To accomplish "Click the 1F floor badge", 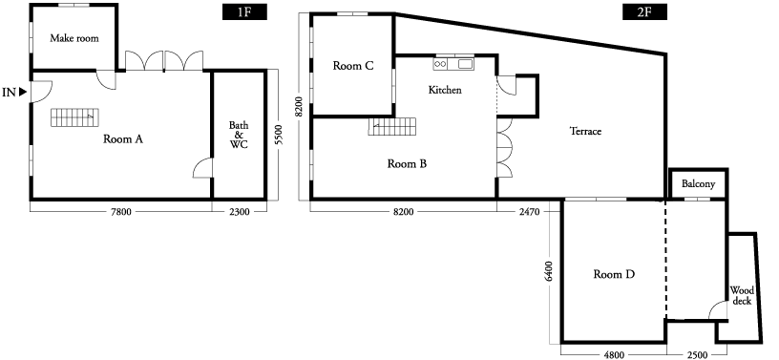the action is click(244, 11).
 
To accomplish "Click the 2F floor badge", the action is click(644, 11).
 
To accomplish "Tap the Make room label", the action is click(74, 38).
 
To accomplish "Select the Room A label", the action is click(123, 139).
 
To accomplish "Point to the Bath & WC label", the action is click(239, 136).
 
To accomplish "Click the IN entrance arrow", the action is click(23, 92).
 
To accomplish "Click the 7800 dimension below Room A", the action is click(120, 212).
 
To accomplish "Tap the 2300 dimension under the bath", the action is click(239, 212).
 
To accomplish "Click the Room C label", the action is click(353, 66).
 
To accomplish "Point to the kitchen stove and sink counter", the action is click(453, 64).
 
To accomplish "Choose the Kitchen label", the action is click(445, 90).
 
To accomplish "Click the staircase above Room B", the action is click(392, 126).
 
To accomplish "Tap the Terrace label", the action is click(585, 131).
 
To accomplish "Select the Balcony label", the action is click(698, 184).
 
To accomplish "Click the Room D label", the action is click(615, 274).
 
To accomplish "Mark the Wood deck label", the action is click(742, 296).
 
